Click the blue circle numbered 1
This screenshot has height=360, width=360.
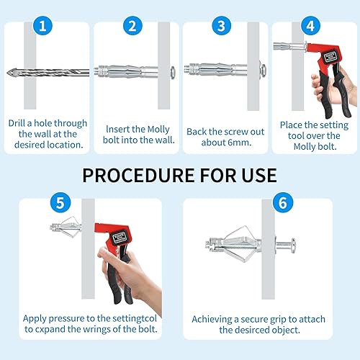coord(42,26)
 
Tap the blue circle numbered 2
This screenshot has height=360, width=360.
coord(132,26)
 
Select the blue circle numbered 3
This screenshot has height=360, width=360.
coord(222,26)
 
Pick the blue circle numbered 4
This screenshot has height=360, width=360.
coord(310,26)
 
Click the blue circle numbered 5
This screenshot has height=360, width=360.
coord(60,202)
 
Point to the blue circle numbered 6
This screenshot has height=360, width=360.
coord(283,202)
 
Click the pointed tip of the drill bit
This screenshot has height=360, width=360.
coord(7,73)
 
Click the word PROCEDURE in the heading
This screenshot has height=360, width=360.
coord(138,175)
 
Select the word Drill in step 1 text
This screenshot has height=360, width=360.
coord(17,123)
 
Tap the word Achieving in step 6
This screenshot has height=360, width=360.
coord(212,320)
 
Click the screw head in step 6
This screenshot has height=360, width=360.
coord(293,246)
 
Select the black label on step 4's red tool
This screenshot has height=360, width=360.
coord(330,58)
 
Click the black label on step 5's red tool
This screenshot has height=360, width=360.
coord(120,237)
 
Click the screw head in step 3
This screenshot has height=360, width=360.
coord(263,70)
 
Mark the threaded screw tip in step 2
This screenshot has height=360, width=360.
coord(96,71)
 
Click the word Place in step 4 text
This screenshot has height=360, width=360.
coord(291,125)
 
